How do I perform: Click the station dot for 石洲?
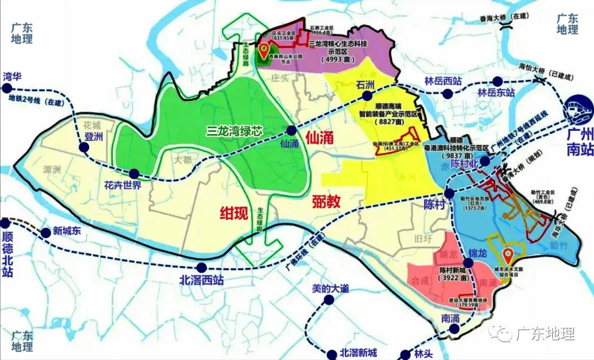coord(365,96)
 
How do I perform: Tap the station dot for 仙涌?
coord(290,131)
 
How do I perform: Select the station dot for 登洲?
coord(85,147)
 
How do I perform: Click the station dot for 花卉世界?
coord(133,173)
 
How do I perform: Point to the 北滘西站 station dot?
coord(202,268)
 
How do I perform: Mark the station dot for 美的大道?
coord(328,300)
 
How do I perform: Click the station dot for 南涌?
coord(454,329)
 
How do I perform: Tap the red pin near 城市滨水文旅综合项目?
coord(508,255)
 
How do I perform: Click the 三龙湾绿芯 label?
coord(234,131)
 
